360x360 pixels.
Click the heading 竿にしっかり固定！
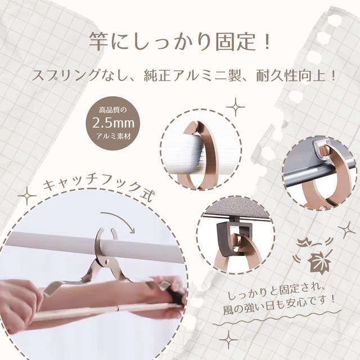coord(179,42)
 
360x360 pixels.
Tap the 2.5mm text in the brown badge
coord(113,123)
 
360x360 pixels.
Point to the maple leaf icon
coord(319,262)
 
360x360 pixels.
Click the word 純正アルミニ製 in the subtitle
coord(192,75)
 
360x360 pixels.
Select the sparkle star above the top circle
coord(235,107)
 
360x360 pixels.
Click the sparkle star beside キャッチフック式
coord(27,196)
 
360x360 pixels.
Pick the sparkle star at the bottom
coord(229,340)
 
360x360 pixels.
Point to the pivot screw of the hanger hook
coord(107,262)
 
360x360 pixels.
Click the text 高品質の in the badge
coord(112,110)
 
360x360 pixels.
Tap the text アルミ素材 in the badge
coord(113,137)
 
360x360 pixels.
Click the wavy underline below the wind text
coord(277,319)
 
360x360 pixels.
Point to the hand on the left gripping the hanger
coord(20,303)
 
